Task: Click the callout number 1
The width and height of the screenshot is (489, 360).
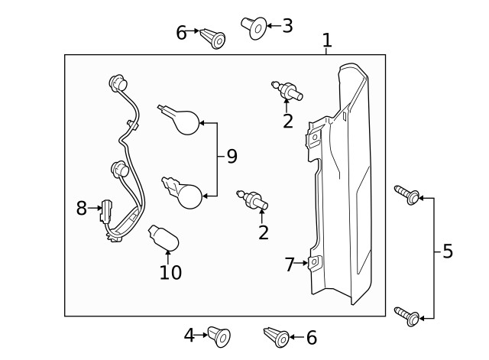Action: [327, 40]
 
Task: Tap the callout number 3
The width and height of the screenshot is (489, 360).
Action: [287, 26]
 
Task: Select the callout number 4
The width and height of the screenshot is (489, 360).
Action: [189, 335]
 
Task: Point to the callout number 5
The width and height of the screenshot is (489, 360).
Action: [448, 251]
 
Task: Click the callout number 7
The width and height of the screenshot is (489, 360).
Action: [290, 264]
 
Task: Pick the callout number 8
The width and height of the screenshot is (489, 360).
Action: [82, 208]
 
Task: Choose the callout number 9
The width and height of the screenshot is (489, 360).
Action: [232, 157]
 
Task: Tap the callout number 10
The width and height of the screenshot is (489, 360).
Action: [170, 271]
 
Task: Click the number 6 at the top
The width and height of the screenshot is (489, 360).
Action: [181, 33]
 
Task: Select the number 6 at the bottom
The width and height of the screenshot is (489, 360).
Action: [311, 338]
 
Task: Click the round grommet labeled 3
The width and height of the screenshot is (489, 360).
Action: [255, 28]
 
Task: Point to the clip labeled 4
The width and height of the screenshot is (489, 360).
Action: [219, 336]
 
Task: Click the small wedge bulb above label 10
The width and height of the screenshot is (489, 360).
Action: [164, 235]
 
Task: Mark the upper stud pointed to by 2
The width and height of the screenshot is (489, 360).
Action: [287, 92]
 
